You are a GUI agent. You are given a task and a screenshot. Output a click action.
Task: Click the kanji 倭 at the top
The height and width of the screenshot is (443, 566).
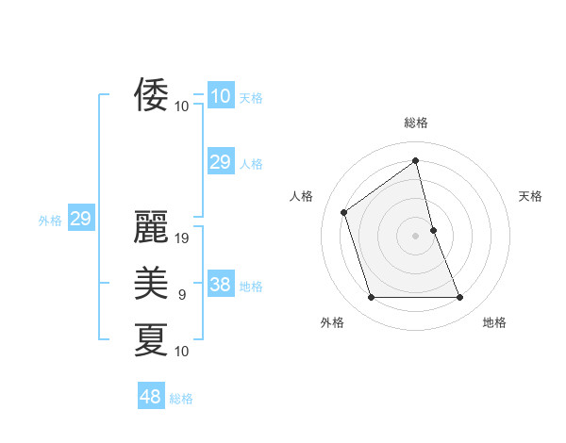click(x=151, y=94)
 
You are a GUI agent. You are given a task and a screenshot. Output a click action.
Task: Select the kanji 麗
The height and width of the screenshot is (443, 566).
click(x=151, y=226)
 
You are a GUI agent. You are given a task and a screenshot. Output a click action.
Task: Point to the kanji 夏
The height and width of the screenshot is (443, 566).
click(x=151, y=338)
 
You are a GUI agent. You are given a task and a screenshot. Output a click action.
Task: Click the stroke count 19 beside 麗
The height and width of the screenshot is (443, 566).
click(x=183, y=238)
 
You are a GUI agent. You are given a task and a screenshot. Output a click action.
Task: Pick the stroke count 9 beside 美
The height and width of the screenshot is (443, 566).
click(x=181, y=295)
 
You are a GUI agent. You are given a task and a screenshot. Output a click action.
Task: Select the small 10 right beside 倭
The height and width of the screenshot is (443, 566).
click(x=181, y=106)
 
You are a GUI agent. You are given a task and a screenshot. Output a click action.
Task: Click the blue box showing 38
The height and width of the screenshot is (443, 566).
click(x=220, y=285)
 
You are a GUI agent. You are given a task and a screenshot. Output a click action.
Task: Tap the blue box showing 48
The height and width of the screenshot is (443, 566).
click(x=150, y=397)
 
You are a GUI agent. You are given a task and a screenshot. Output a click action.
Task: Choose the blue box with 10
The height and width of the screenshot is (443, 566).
click(x=220, y=95)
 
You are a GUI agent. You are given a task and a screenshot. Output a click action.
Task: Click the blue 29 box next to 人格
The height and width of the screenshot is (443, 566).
click(x=220, y=162)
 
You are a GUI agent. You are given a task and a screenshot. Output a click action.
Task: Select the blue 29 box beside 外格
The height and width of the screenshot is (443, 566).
click(x=80, y=219)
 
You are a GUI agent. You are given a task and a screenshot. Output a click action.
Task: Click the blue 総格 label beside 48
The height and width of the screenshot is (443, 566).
click(x=181, y=399)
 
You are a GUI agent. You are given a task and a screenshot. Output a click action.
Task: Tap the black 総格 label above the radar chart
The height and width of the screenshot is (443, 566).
click(x=415, y=123)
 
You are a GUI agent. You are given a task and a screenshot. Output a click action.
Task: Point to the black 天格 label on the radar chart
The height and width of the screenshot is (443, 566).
click(x=531, y=196)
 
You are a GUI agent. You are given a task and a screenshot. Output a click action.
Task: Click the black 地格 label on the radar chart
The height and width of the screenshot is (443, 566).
click(x=494, y=322)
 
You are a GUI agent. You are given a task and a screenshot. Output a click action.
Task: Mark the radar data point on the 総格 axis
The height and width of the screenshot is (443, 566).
click(x=415, y=161)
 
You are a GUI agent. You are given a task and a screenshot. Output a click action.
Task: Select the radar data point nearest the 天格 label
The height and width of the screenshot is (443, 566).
click(x=433, y=229)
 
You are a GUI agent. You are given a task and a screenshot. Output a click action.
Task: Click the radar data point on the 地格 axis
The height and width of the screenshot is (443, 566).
click(x=460, y=298)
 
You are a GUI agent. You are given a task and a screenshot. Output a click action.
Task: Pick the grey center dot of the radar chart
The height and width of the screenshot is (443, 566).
click(x=415, y=235)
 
